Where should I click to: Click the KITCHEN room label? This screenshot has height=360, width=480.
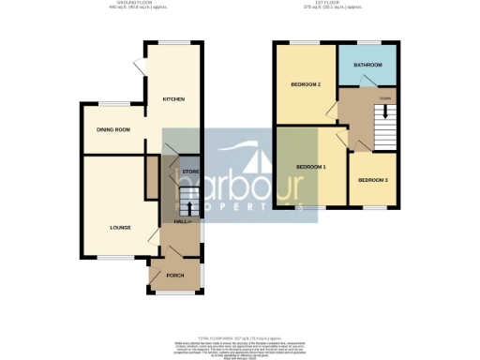tap(173, 98)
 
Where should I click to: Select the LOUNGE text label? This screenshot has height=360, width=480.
tap(119, 228)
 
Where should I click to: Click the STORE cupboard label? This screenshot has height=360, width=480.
tap(189, 172)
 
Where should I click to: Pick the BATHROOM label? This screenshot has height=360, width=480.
tap(367, 65)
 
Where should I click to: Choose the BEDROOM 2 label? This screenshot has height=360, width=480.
tap(306, 85)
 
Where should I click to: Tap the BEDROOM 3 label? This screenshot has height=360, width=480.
tap(371, 179)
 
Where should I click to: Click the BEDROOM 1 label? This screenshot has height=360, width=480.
tap(311, 167)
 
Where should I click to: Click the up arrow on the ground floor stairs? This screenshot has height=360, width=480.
tap(189, 207)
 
